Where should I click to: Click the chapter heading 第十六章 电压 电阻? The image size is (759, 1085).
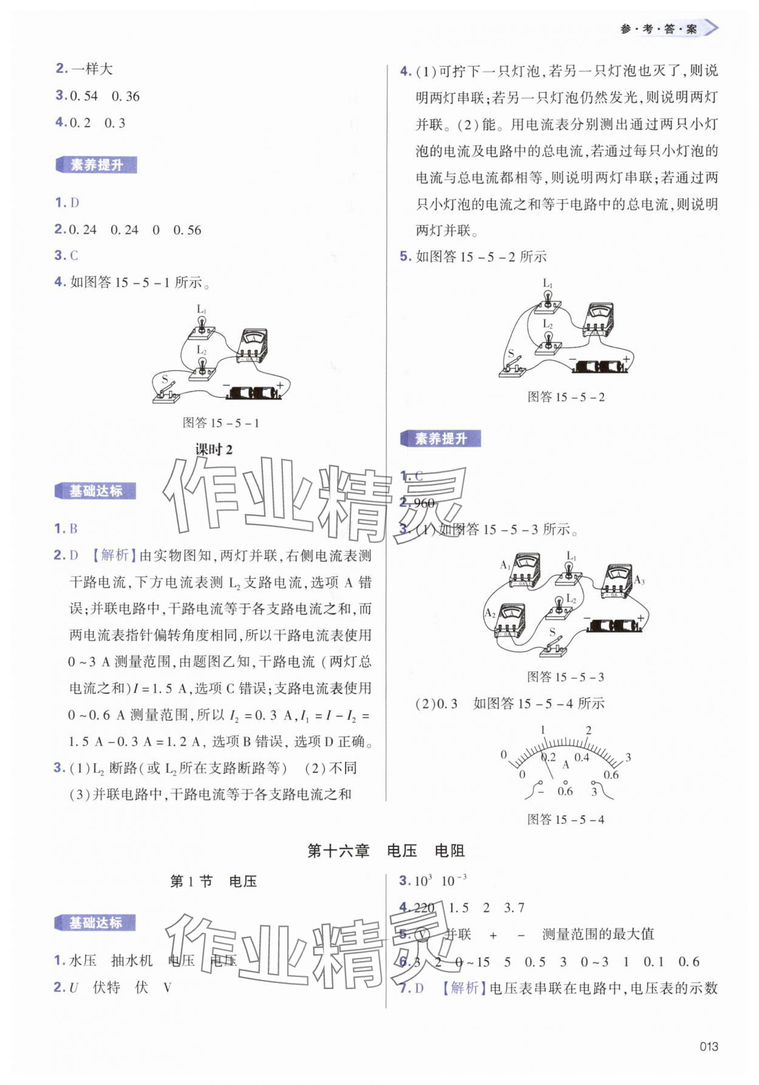coord(386,851)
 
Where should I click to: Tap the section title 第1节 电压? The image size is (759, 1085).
coord(213,881)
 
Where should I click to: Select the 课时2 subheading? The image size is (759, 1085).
coord(214,450)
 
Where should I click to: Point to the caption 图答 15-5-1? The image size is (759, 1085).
coord(221,423)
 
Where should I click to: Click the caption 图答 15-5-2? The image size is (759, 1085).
coord(566,397)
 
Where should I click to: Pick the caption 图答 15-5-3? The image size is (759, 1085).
coord(565,677)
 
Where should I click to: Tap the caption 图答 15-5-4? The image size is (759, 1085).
coord(565,819)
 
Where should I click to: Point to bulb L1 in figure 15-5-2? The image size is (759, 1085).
coord(548,301)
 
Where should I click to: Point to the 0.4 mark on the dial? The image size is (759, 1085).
coord(582,757)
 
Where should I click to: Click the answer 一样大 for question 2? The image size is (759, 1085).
coord(92,69)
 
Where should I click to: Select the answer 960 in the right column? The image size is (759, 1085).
coord(424,503)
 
